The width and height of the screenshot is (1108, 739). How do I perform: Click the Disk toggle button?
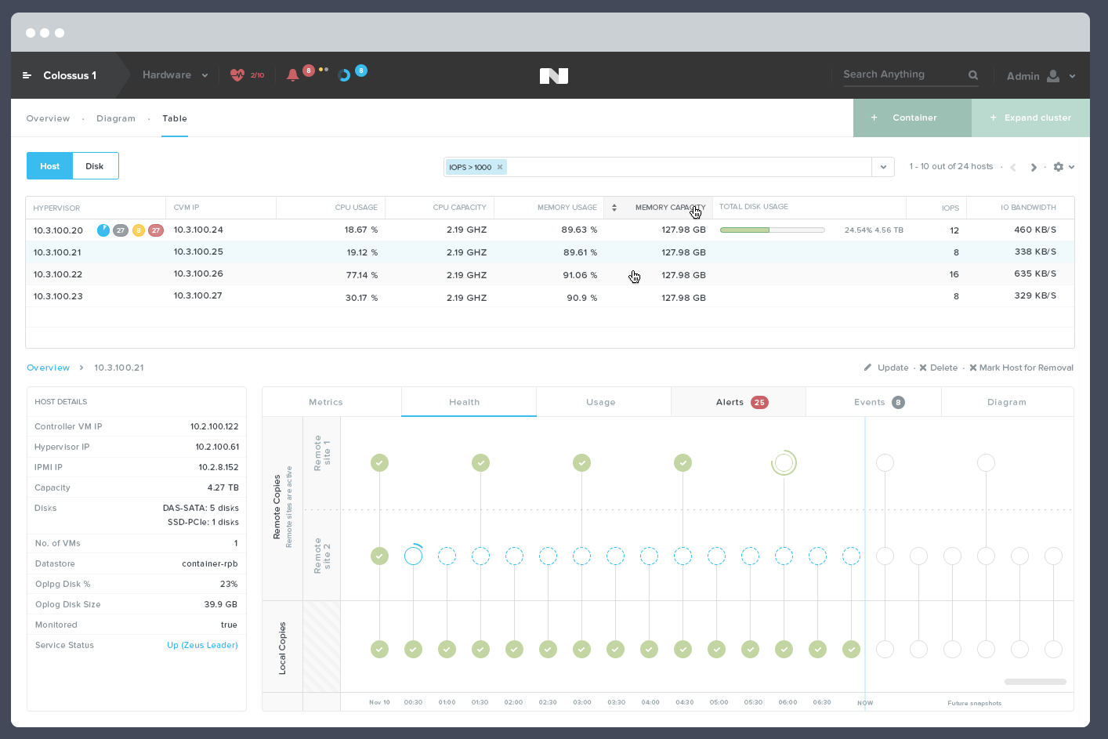tap(95, 166)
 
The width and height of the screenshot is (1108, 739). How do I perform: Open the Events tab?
tap(874, 402)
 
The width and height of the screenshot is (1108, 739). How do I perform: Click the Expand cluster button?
tap(1030, 118)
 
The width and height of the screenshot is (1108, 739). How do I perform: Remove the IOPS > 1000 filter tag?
tap(500, 167)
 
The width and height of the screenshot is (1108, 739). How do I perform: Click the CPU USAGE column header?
tap(356, 208)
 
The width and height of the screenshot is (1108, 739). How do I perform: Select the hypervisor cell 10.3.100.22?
tap(58, 274)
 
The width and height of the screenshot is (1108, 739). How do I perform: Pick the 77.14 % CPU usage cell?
tap(361, 275)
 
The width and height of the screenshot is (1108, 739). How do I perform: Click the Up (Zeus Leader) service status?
tap(202, 645)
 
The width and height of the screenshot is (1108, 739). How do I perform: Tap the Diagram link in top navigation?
tap(116, 118)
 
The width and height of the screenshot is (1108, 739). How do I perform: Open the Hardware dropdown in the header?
tap(175, 75)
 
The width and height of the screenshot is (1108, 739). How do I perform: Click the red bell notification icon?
tap(292, 75)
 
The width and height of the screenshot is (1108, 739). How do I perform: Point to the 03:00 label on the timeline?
tap(582, 702)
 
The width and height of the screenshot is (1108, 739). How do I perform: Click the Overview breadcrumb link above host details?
tap(48, 368)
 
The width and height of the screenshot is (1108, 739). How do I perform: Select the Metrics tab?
tap(326, 402)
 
